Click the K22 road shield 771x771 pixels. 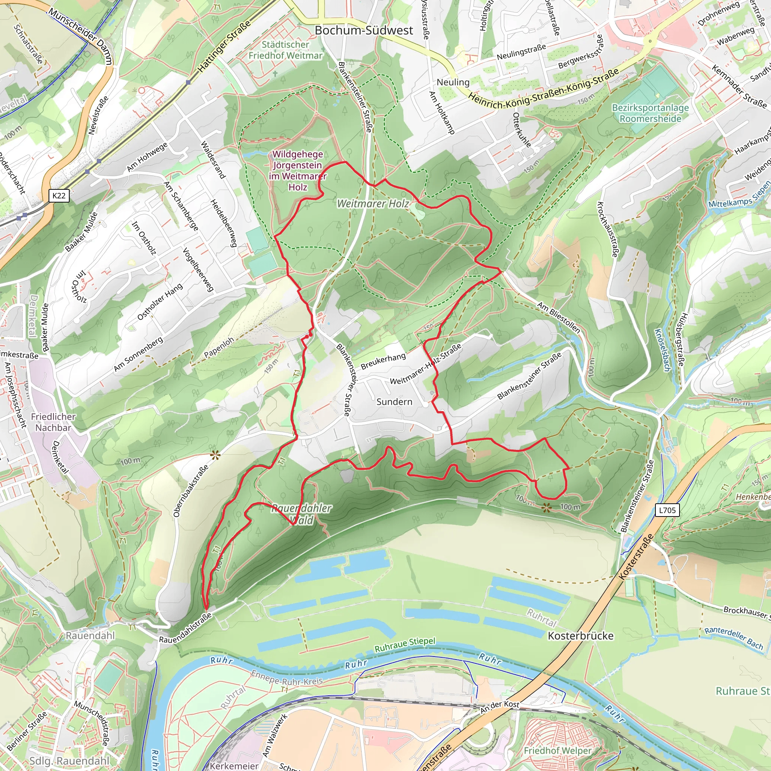59,195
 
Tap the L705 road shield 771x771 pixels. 667,510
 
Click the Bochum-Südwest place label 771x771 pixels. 364,30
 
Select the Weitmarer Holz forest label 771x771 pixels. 373,204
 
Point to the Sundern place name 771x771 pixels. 394,402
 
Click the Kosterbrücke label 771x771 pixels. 581,636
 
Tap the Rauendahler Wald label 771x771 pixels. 302,514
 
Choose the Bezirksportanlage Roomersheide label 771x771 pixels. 650,113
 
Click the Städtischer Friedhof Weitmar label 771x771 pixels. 285,50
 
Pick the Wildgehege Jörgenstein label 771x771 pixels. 298,171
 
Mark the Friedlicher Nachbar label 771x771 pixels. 53,422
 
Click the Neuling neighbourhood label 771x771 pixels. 453,82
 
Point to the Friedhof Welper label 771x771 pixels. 557,751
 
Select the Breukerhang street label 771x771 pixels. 383,361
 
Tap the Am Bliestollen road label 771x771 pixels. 558,318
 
